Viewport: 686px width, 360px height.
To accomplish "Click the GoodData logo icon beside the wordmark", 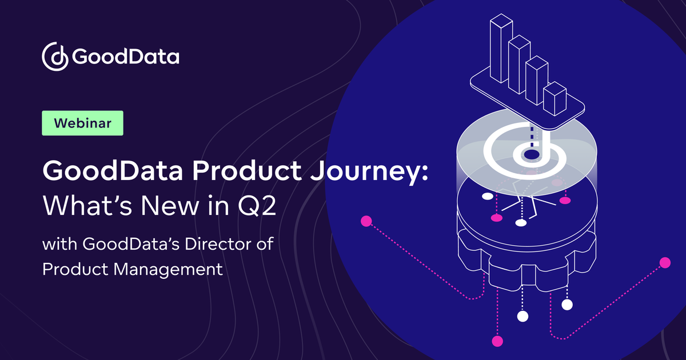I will coord(55,56).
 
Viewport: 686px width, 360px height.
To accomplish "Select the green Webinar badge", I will coord(83,123).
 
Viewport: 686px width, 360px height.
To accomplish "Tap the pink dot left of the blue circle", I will coord(366,221).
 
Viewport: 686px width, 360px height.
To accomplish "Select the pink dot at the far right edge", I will coord(664,263).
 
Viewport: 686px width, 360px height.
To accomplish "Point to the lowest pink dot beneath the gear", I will coord(497,341).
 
